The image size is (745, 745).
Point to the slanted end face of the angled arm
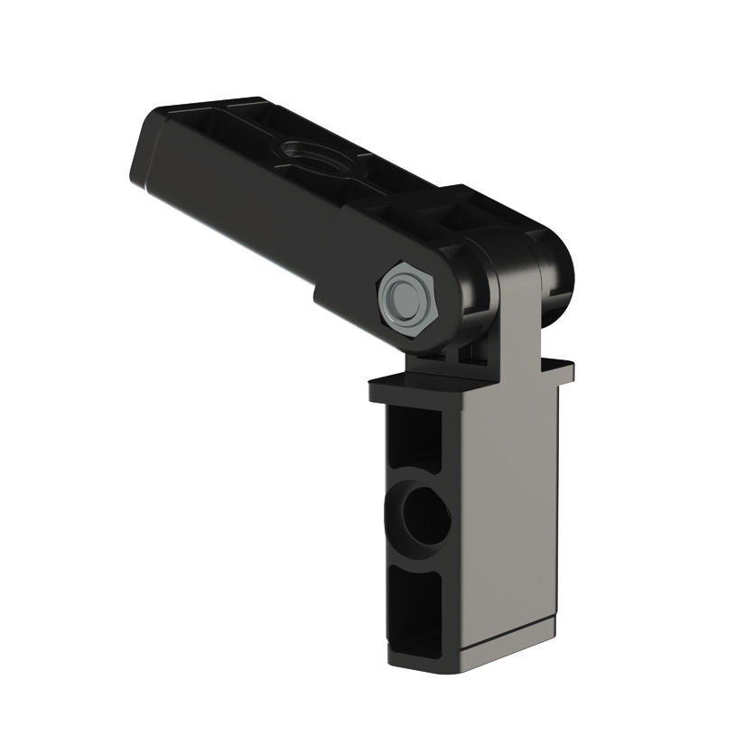[x=144, y=159]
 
